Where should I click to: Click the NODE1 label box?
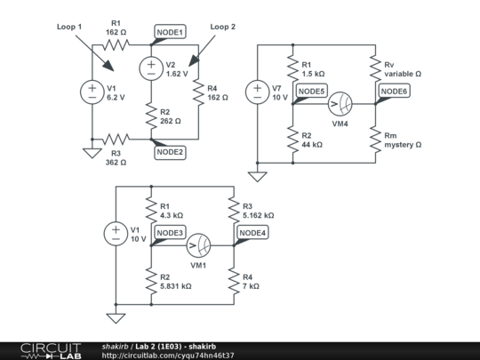click(170, 33)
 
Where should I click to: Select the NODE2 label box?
click(170, 152)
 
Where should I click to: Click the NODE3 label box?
click(170, 233)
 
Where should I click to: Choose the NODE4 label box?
click(252, 233)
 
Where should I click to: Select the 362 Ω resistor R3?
click(116, 139)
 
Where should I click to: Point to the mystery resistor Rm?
click(375, 139)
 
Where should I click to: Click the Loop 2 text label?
click(223, 28)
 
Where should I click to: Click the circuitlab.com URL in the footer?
click(168, 355)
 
